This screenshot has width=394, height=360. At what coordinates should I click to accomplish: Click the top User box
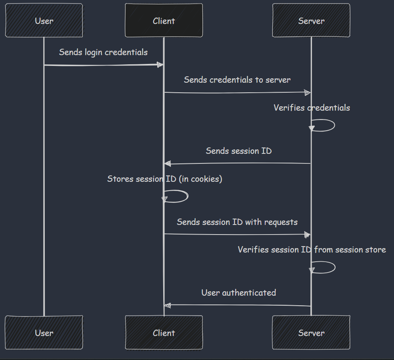[x=44, y=21]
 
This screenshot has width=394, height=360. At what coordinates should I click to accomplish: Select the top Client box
[x=164, y=21]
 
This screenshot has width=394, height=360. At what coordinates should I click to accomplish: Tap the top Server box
[x=311, y=21]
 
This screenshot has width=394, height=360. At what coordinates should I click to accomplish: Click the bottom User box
[x=44, y=333]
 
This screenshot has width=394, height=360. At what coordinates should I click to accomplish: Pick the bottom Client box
[x=164, y=333]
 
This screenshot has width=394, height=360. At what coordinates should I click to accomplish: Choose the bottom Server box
[x=311, y=333]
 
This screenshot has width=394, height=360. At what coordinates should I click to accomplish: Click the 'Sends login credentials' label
[x=103, y=52]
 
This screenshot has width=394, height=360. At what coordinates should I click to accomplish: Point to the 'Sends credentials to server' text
[x=237, y=80]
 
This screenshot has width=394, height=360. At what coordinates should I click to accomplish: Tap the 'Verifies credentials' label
[x=312, y=108]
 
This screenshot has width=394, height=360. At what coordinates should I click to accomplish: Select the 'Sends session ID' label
[x=238, y=151]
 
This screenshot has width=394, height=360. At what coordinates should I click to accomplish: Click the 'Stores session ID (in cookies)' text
[x=164, y=179]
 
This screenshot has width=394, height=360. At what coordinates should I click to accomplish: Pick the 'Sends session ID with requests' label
[x=237, y=222]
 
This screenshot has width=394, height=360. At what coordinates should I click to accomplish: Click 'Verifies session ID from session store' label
[x=312, y=250]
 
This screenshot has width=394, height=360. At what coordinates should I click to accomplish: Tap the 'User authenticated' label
[x=238, y=293]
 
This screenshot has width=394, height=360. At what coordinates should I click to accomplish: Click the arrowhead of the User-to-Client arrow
[x=160, y=65]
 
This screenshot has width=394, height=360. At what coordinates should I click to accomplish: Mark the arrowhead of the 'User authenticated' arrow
[x=168, y=305]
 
